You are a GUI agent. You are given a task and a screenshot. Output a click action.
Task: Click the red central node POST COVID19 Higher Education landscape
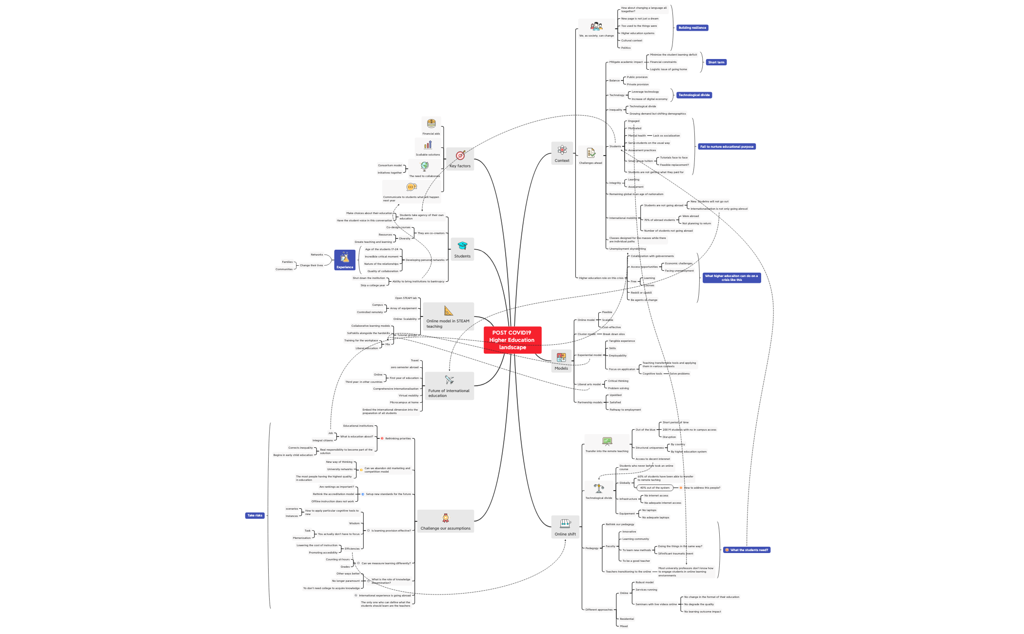[x=512, y=340]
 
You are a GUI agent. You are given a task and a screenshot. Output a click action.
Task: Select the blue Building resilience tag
[x=692, y=28]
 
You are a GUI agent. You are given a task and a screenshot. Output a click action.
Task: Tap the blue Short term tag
[x=716, y=62]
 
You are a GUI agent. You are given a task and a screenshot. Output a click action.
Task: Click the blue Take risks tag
[x=255, y=515]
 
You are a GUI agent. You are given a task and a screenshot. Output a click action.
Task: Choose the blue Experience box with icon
[x=345, y=260]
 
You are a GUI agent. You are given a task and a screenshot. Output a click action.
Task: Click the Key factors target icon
[x=460, y=156]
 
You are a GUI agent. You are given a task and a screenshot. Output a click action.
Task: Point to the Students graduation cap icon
[x=462, y=246]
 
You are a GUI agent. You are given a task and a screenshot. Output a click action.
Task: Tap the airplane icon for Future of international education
[x=449, y=380]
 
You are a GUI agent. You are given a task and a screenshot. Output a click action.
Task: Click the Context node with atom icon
[x=562, y=153]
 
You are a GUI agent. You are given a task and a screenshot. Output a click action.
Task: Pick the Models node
[x=561, y=361]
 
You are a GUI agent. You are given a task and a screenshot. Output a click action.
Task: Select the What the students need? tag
[x=747, y=550]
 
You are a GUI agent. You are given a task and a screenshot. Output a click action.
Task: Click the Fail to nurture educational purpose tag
[x=727, y=147]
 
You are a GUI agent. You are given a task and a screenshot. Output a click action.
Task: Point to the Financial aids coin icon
[x=431, y=123]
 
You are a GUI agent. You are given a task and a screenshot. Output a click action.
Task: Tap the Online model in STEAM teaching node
[x=448, y=317]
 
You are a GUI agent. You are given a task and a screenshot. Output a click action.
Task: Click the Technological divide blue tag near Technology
[x=694, y=95]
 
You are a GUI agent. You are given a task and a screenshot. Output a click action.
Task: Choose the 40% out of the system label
[x=654, y=488]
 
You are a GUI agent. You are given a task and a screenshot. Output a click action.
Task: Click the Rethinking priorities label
[x=398, y=438]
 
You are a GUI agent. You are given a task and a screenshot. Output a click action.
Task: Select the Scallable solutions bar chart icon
[x=428, y=145]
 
